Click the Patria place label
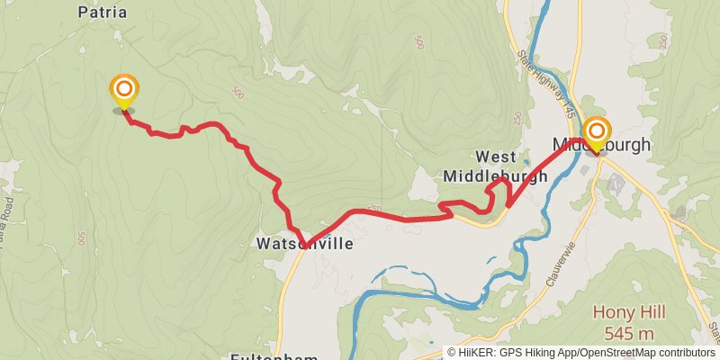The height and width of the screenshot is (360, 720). click(102, 13)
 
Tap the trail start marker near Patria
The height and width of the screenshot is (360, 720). click(124, 90)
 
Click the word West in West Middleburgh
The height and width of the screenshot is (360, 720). click(496, 157)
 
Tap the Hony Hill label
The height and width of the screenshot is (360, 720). click(629, 312)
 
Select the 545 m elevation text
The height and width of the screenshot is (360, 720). click(629, 332)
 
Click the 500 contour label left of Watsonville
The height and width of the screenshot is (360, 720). click(80, 238)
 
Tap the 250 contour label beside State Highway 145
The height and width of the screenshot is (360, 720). click(517, 119)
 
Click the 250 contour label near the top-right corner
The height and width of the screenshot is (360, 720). click(663, 41)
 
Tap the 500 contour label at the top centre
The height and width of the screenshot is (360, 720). click(418, 42)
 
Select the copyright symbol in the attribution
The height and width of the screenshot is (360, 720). click(453, 353)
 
